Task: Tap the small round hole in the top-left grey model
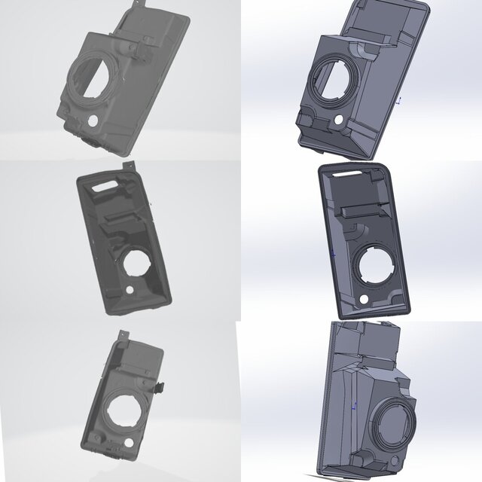click(x=93, y=120)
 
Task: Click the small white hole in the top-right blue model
click(x=340, y=120)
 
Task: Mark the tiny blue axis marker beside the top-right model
click(x=399, y=99)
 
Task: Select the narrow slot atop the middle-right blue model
click(x=352, y=175)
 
